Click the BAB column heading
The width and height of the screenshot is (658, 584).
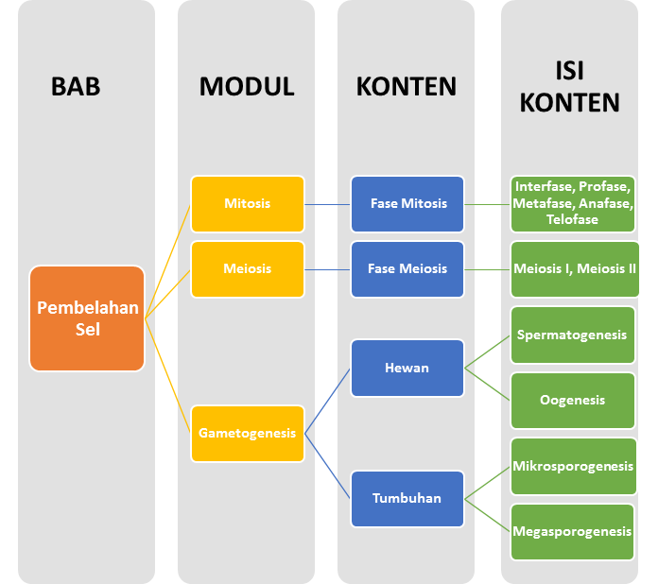tap(76, 87)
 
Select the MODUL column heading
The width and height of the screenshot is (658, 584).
tap(247, 87)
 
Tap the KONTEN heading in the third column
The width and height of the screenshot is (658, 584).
tap(406, 87)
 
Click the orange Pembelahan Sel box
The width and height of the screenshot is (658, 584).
tap(87, 318)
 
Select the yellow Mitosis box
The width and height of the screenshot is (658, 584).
tap(248, 203)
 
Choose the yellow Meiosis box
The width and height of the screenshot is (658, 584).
tap(248, 268)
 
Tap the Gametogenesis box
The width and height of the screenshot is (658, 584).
tap(248, 434)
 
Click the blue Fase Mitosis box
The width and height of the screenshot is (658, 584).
tap(407, 203)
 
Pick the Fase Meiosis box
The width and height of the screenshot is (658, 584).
tap(407, 268)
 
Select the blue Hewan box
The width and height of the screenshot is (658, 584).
tap(407, 368)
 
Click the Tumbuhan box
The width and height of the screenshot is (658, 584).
tap(407, 498)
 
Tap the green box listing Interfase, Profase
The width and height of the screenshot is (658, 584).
tap(573, 203)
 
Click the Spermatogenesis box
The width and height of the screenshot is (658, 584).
tap(573, 335)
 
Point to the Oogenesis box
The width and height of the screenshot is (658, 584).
tap(573, 400)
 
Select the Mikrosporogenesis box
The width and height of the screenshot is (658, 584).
tap(573, 466)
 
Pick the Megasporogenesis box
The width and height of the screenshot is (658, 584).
tap(573, 531)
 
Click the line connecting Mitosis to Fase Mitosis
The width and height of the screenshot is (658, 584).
tap(328, 203)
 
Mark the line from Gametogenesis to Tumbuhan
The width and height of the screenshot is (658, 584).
tap(328, 466)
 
